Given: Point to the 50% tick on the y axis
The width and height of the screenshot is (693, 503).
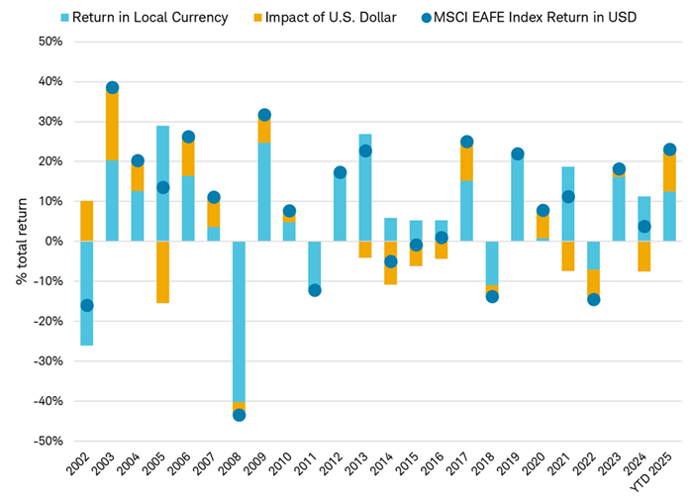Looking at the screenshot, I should point(49,42).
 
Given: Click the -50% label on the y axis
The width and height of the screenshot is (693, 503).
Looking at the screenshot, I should point(47,441).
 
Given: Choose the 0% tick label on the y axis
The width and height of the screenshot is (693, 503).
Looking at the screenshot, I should point(53,242).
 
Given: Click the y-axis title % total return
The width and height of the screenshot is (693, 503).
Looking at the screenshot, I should point(21,241).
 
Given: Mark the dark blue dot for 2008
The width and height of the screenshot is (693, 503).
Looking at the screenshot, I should point(239,415).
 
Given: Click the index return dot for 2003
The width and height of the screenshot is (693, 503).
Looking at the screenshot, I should point(113,88).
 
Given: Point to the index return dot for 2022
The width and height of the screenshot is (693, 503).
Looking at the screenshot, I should point(593,299).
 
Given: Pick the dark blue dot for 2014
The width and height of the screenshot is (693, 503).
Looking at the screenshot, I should point(391,261).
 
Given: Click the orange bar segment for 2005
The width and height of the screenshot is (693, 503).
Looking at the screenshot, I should point(163,271).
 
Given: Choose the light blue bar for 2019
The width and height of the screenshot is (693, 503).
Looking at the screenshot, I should point(517,198).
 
